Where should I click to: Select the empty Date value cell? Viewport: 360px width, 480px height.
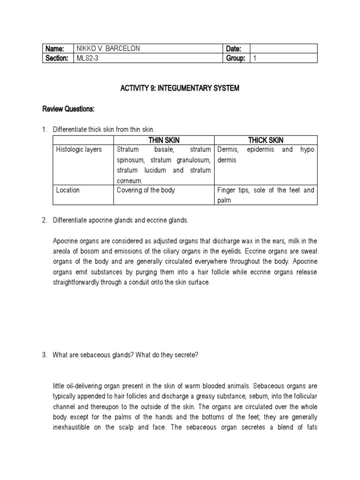[x=283, y=49]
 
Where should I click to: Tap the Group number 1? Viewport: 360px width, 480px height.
[x=255, y=58]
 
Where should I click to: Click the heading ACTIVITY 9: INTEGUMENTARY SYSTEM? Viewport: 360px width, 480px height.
[x=180, y=88]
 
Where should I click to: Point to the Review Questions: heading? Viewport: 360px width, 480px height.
[x=68, y=109]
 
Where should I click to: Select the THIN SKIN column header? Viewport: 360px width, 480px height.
[x=164, y=140]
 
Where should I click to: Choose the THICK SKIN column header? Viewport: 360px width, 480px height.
[x=266, y=140]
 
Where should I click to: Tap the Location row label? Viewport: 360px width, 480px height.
[x=68, y=190]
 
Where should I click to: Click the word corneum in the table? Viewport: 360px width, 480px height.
[x=129, y=180]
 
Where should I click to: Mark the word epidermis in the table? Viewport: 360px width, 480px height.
[x=261, y=150]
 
